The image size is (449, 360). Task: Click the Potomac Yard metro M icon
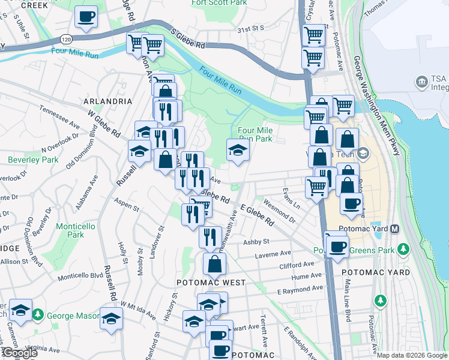click(395, 229)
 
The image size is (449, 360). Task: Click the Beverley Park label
click(33, 160)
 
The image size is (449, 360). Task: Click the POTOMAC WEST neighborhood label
click(211, 282)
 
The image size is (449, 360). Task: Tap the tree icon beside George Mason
click(37, 314)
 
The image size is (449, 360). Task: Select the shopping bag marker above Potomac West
click(215, 264)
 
